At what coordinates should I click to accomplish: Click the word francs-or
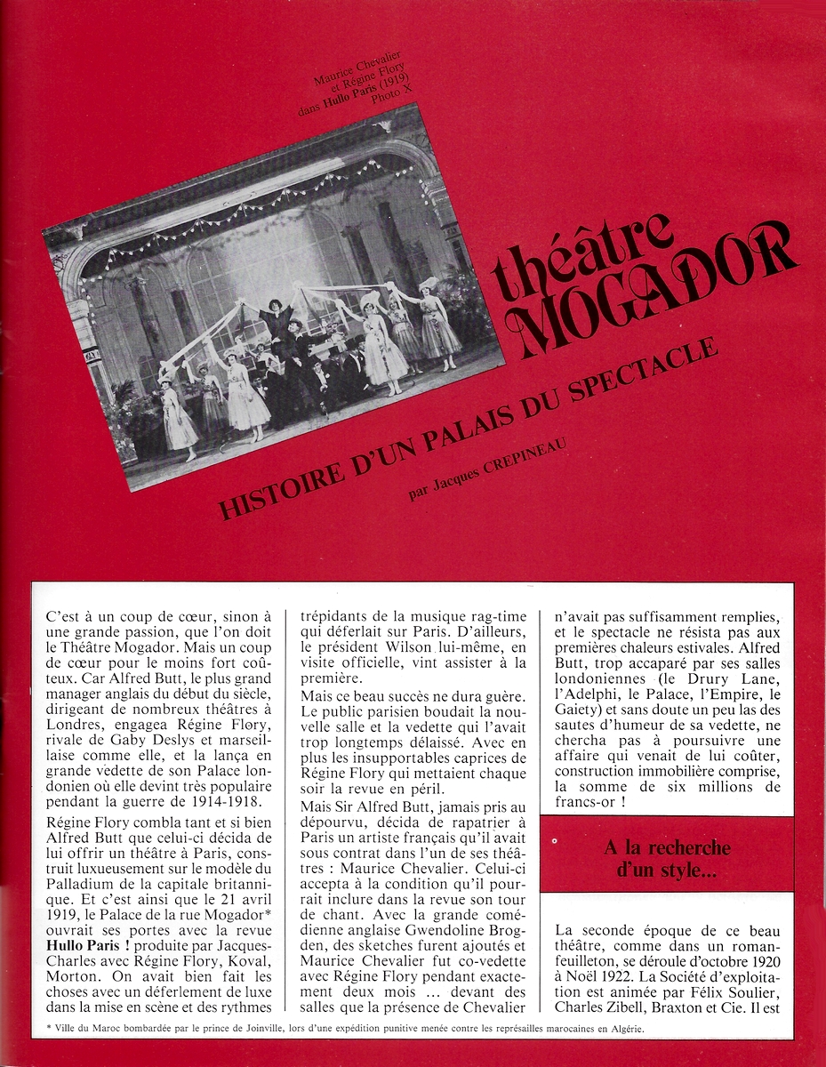pos(586,804)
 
